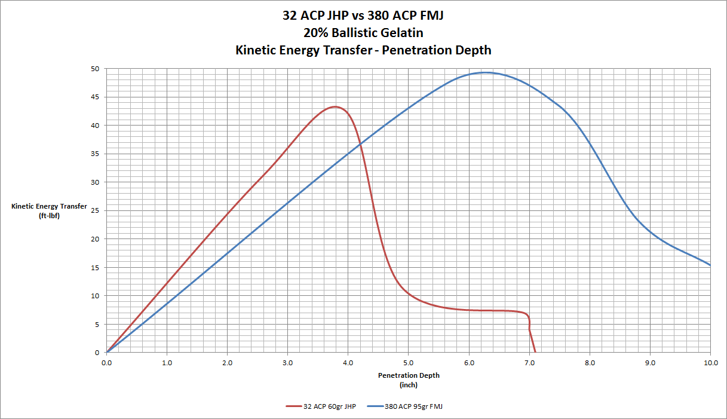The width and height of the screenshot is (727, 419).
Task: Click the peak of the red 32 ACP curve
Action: tap(335, 107)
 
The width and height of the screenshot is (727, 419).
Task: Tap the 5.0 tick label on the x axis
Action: tap(409, 362)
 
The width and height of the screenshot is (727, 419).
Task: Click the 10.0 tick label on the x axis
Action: tap(710, 362)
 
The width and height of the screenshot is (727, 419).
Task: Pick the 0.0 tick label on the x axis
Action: tap(106, 362)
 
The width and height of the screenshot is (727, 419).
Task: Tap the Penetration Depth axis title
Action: tap(408, 375)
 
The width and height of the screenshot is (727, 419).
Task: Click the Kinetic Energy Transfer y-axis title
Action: tap(49, 206)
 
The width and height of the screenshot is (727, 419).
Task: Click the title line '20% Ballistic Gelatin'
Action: tap(363, 33)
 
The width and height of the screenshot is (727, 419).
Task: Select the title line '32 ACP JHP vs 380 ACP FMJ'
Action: tap(363, 16)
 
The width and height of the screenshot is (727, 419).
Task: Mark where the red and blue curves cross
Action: tap(360, 143)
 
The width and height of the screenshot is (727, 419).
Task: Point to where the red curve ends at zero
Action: tap(535, 352)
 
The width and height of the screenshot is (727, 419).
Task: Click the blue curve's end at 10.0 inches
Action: tap(710, 265)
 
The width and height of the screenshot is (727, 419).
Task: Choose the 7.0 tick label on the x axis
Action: tap(529, 362)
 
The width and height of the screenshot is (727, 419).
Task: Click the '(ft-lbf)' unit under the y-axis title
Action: tap(49, 215)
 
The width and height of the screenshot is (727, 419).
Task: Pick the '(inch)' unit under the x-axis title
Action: tap(408, 385)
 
